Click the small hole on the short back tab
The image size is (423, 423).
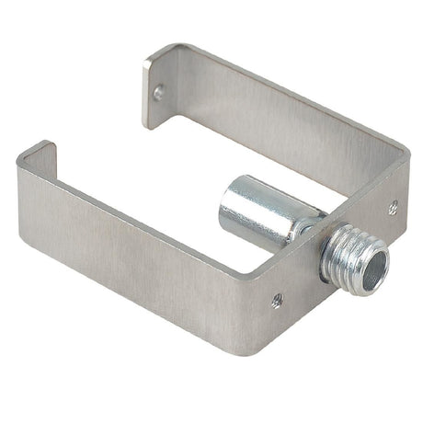click(x=158, y=92)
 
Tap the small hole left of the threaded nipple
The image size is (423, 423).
click(x=277, y=300)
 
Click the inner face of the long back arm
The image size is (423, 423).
click(x=276, y=138)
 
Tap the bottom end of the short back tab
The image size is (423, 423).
click(x=149, y=123)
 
